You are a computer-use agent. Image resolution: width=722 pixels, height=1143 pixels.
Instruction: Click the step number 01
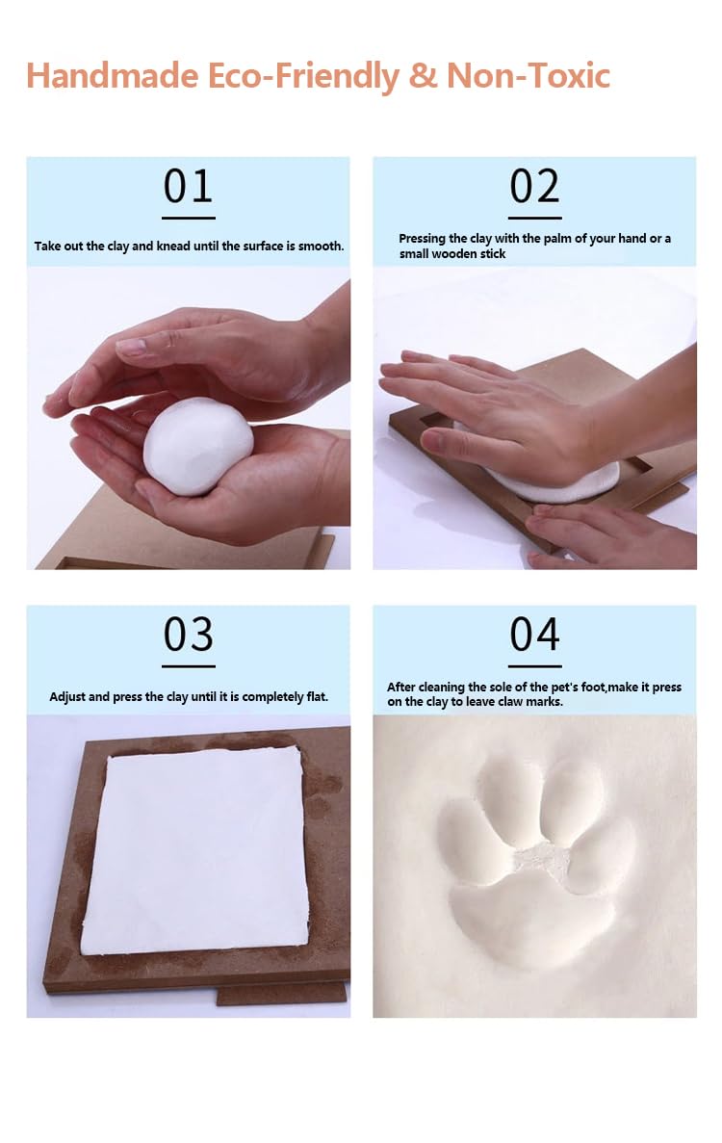point(188,187)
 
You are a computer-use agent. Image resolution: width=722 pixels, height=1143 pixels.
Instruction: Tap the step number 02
point(534,187)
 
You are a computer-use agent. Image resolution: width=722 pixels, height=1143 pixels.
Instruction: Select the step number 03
point(188,635)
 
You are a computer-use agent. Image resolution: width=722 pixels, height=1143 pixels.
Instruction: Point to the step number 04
point(534,635)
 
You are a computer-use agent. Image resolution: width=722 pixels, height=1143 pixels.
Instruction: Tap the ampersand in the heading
point(422,76)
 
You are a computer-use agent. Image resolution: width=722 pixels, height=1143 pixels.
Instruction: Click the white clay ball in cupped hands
point(198,446)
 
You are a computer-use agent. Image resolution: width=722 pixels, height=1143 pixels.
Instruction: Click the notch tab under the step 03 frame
point(281,994)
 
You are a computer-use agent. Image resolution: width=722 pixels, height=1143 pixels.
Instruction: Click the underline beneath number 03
point(188,665)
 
